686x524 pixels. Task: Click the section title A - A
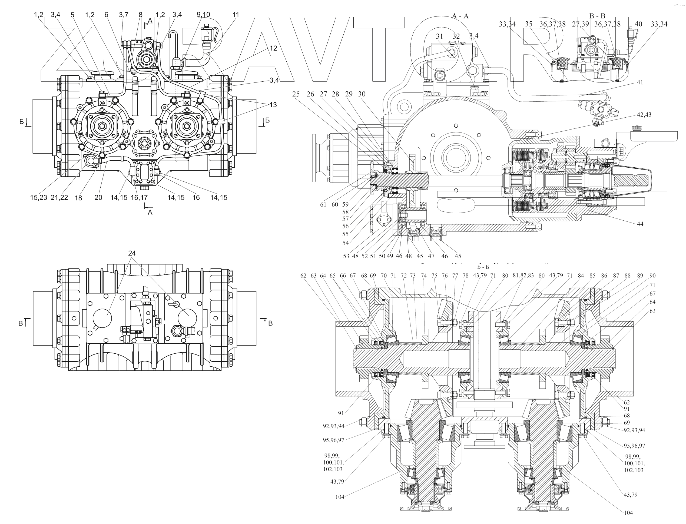460,16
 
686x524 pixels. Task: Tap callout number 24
132,253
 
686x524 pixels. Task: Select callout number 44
640,224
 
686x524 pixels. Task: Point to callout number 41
640,82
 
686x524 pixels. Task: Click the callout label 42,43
644,115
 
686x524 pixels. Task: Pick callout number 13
273,105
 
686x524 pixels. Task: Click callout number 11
236,15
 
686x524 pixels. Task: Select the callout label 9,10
203,15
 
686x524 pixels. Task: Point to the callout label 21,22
59,197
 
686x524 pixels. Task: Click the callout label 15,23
38,197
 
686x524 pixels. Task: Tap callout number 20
98,197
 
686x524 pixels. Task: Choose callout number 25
296,94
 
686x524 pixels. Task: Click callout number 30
362,94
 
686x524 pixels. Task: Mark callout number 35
528,24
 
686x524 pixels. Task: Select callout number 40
638,24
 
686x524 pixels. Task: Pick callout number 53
346,256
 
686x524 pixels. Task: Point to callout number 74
423,276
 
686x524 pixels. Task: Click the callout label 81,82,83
523,276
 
